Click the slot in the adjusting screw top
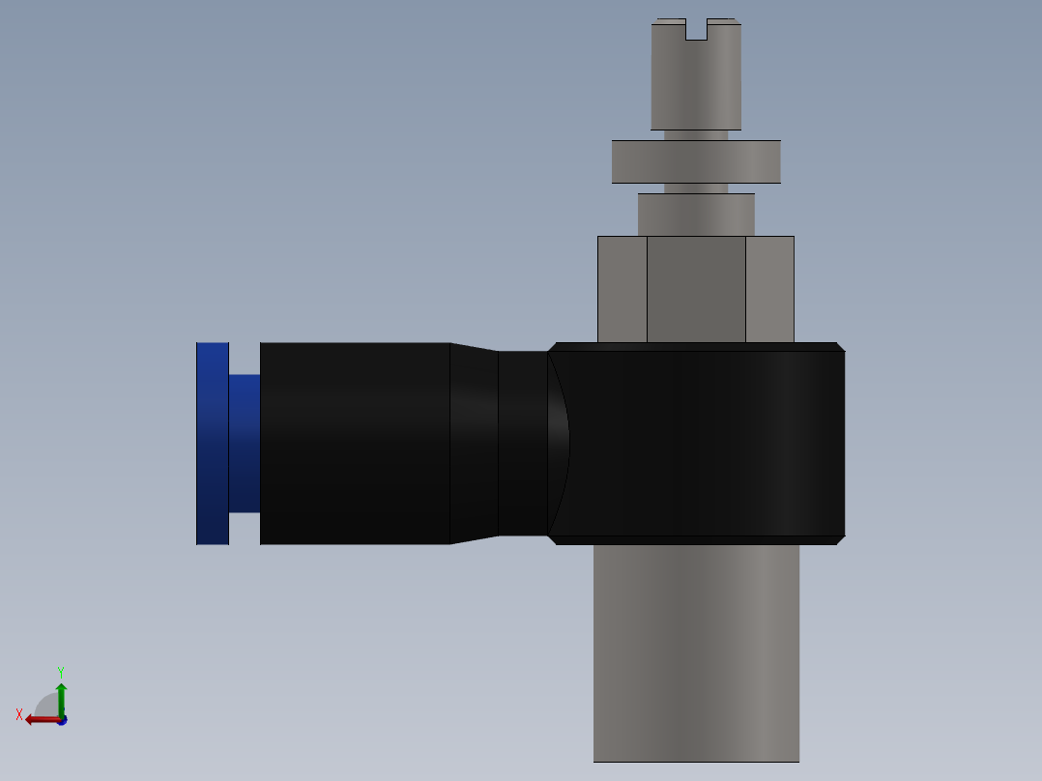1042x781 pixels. point(696,30)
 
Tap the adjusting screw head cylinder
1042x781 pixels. point(696,82)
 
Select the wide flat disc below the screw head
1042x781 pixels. point(696,161)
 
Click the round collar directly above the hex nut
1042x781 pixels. point(696,214)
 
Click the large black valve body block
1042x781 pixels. point(706,443)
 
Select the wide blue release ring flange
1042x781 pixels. point(213,443)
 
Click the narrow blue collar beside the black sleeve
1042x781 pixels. point(245,443)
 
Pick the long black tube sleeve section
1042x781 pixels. point(355,443)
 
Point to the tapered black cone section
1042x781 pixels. point(474,443)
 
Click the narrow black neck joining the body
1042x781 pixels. point(522,443)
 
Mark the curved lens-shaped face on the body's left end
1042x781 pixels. point(559,443)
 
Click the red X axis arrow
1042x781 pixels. point(41,719)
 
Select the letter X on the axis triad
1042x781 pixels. point(19,714)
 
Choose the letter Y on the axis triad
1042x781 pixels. point(61,671)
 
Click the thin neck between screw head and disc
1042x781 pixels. point(696,135)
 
